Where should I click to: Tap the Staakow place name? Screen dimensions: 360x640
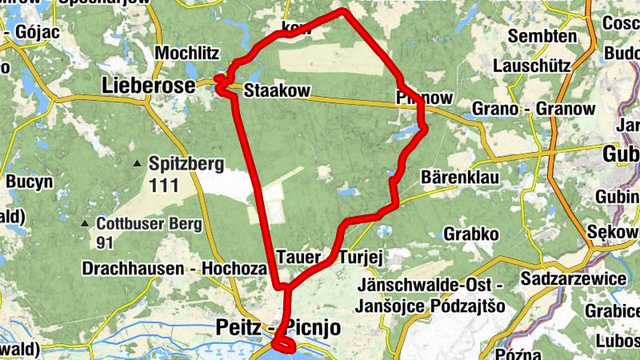[x=277, y=90]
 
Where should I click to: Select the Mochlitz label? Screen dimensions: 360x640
[x=187, y=54]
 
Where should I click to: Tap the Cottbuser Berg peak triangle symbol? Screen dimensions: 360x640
[x=86, y=222]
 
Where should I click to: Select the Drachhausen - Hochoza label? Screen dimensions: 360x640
[x=174, y=269]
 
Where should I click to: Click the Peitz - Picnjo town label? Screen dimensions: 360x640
[x=278, y=327]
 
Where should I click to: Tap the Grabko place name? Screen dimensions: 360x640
[x=471, y=234]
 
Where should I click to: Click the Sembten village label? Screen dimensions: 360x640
[x=542, y=36]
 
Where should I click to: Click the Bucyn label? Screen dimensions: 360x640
[x=29, y=182]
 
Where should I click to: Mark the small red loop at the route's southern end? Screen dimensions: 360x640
[x=283, y=345]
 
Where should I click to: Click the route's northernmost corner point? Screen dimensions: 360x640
[x=343, y=10]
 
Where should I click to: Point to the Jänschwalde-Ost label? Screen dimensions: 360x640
[x=430, y=285]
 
